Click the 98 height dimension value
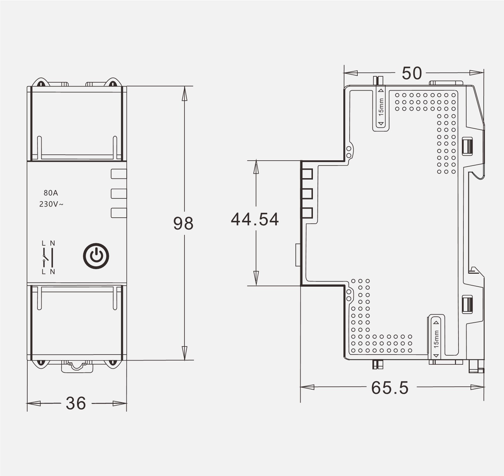[183, 223]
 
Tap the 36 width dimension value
[76, 403]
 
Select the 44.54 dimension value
[255, 219]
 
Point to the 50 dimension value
[412, 73]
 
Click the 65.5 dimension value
[390, 388]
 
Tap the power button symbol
[96, 256]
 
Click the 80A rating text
[51, 193]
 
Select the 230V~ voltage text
[51, 204]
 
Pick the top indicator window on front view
[119, 174]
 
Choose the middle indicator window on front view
[119, 194]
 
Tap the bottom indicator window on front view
[119, 213]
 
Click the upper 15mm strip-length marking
[381, 107]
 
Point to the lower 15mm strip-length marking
[436, 339]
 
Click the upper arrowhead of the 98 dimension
[184, 93]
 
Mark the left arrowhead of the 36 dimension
[34, 404]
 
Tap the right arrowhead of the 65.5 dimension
[477, 387]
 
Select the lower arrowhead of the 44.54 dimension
[256, 278]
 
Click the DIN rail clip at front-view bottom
[77, 366]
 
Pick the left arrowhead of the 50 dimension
[351, 73]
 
